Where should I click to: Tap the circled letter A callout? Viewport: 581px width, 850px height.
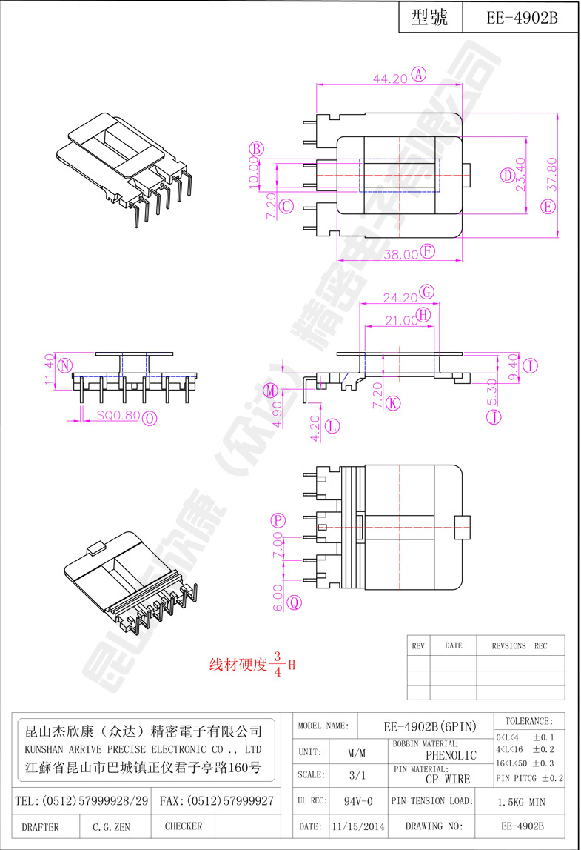coord(420,74)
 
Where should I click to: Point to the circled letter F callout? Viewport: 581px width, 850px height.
coord(428,252)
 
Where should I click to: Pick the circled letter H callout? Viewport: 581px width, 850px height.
coord(423,315)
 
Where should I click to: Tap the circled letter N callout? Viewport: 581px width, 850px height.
coord(66,365)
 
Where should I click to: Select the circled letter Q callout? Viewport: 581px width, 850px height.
coord(294,603)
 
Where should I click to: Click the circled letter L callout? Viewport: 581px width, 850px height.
coord(332,425)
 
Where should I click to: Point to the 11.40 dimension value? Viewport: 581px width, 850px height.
coord(50,369)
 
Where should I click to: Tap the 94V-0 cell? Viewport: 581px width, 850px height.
coord(358,801)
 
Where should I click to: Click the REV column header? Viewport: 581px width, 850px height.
coord(418,645)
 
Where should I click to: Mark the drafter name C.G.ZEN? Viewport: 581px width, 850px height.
coord(112,826)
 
